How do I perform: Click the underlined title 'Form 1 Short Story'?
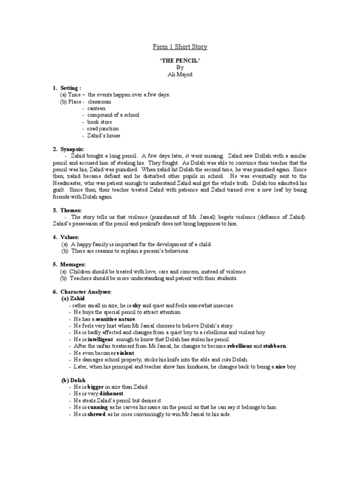pyautogui.click(x=180, y=47)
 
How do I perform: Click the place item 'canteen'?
pyautogui.click(x=96, y=108)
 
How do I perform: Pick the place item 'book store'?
pyautogui.click(x=99, y=122)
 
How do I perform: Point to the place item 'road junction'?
pyautogui.click(x=103, y=128)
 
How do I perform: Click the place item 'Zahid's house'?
pyautogui.click(x=104, y=135)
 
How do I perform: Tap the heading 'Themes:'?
pyautogui.click(x=70, y=210)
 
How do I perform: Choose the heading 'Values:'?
pyautogui.click(x=69, y=237)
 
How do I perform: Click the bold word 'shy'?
pyautogui.click(x=137, y=305)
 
